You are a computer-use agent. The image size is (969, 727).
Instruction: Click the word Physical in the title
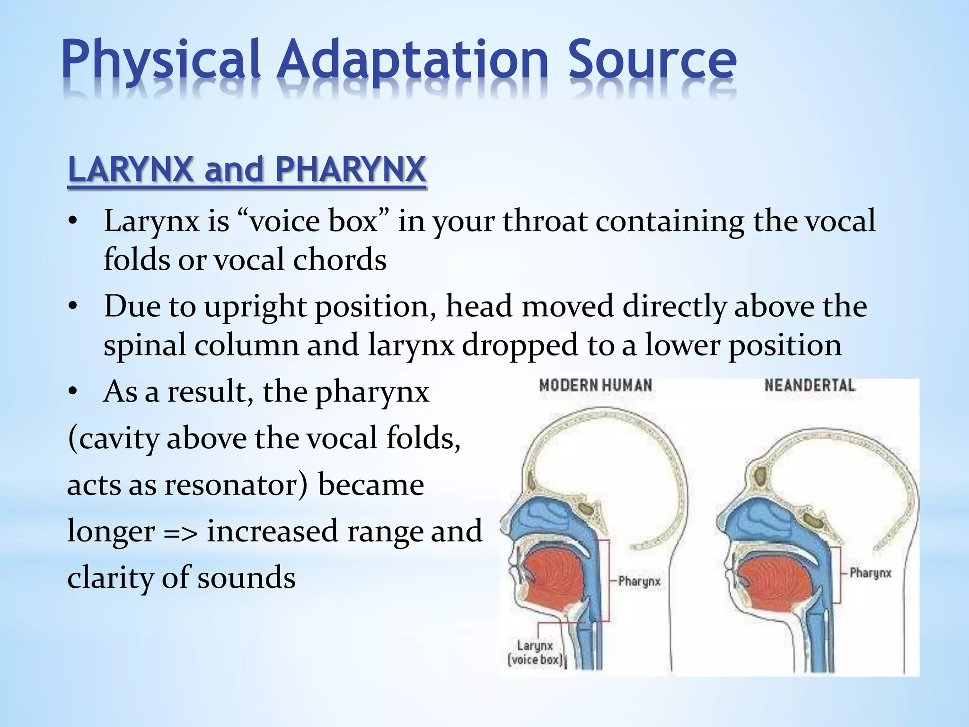(161, 61)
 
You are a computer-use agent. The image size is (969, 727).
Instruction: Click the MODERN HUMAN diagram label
(596, 385)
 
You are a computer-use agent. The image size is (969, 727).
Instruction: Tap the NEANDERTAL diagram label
(810, 385)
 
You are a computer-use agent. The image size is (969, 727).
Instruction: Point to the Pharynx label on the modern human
(639, 581)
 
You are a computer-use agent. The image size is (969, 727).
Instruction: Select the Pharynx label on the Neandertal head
(870, 573)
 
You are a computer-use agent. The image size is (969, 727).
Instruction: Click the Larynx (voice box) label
(535, 653)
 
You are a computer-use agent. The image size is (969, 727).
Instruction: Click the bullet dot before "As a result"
(72, 392)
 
